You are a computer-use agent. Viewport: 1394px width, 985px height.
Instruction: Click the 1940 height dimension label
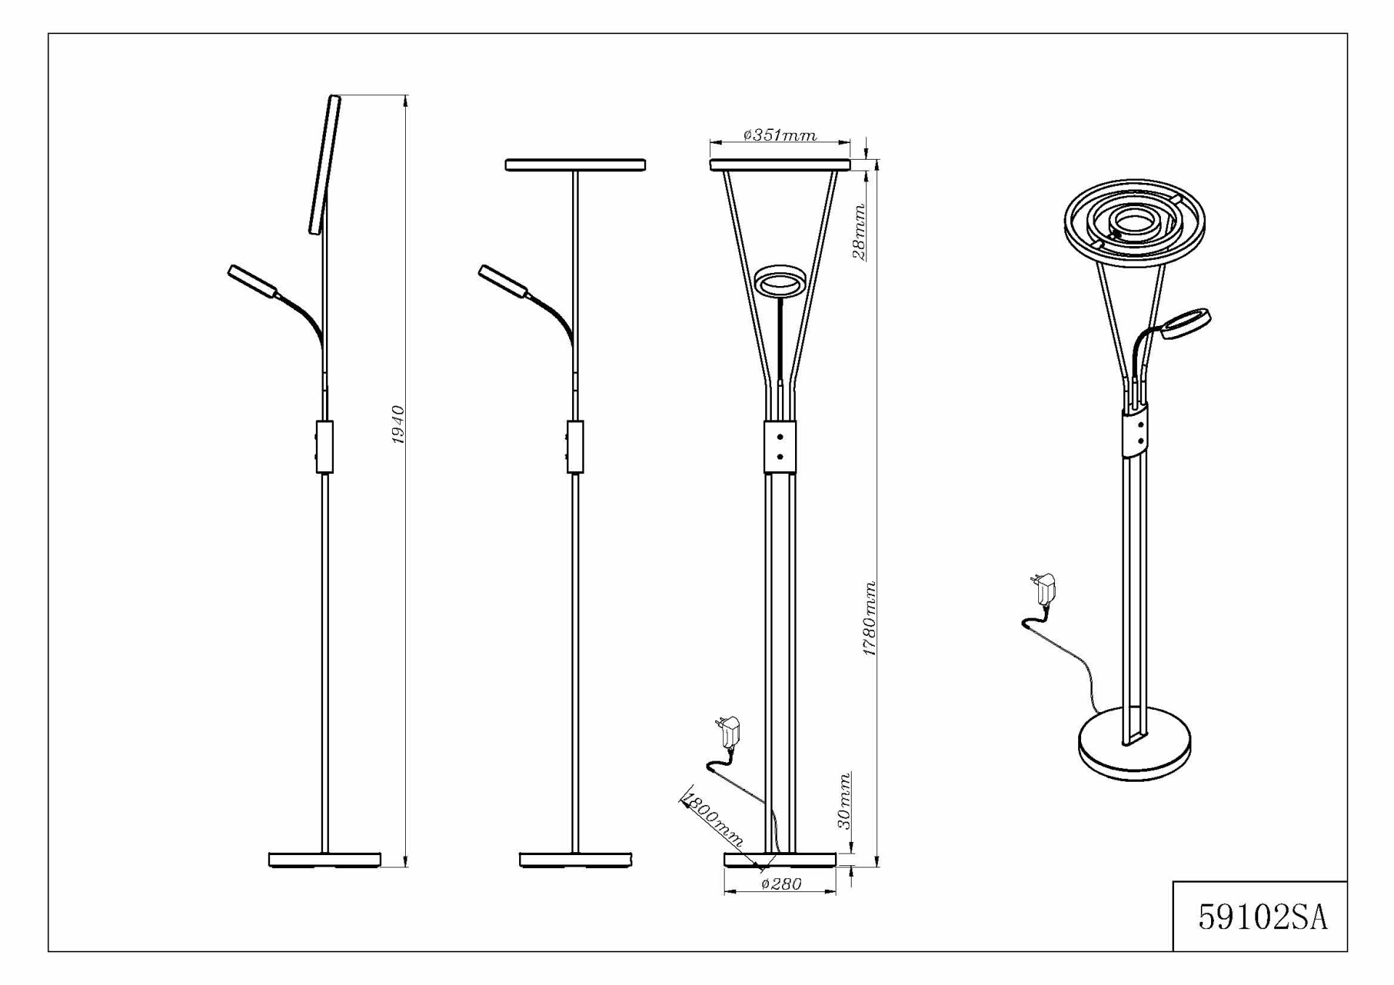398,425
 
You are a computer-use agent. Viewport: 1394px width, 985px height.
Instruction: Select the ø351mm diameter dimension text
780,135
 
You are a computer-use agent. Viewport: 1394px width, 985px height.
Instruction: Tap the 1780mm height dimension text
869,618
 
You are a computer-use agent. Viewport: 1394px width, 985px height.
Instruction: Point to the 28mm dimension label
859,232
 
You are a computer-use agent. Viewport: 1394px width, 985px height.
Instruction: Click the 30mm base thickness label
844,801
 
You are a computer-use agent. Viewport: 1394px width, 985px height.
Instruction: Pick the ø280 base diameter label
781,884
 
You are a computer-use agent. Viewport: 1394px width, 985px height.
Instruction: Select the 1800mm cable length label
713,822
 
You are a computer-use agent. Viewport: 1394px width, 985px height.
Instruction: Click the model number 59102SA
1263,917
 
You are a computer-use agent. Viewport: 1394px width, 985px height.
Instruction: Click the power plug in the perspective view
1043,589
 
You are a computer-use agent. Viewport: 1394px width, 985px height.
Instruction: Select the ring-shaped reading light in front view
780,281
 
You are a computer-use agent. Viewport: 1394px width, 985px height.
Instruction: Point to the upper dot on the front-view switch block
780,437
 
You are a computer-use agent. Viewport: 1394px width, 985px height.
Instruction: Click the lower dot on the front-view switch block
780,457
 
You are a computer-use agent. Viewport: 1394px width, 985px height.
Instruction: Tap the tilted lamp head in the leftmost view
325,165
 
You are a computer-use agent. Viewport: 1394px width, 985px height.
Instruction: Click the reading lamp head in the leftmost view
253,282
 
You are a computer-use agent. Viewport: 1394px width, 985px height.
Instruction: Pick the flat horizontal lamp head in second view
576,165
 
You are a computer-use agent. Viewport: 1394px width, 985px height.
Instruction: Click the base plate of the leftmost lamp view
325,860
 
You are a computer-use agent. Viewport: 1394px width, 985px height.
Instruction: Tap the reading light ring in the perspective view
1185,324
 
